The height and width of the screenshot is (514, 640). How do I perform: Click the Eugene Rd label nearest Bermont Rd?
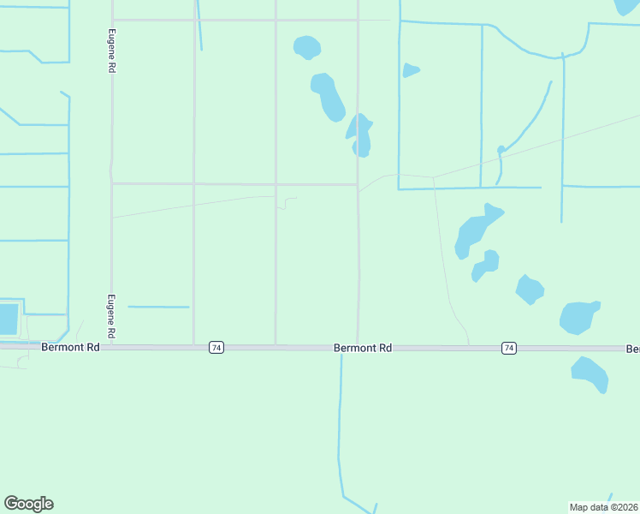(110, 315)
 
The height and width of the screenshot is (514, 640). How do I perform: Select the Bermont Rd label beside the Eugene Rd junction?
(70, 347)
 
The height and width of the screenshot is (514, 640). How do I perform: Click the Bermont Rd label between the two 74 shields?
(363, 348)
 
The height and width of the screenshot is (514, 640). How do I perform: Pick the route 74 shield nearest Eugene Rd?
(216, 348)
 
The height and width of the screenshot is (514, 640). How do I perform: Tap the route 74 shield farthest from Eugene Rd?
(509, 348)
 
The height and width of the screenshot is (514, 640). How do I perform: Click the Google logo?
(28, 504)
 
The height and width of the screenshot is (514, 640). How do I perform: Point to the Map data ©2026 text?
(604, 506)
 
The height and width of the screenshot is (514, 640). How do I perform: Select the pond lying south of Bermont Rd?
(590, 374)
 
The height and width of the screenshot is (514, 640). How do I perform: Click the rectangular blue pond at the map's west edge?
(8, 319)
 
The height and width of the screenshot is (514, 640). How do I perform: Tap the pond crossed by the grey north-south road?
(361, 136)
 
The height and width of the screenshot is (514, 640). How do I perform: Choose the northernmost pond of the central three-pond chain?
(306, 46)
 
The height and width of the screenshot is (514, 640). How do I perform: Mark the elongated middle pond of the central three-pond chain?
(328, 96)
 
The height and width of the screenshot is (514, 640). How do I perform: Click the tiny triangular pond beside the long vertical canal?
(410, 70)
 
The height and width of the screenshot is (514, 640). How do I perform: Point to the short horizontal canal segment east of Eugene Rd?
(158, 307)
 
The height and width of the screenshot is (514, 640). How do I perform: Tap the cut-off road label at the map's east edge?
(633, 349)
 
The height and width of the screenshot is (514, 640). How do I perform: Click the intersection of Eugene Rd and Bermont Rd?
(111, 347)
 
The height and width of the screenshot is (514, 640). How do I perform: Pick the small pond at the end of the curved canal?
(501, 150)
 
